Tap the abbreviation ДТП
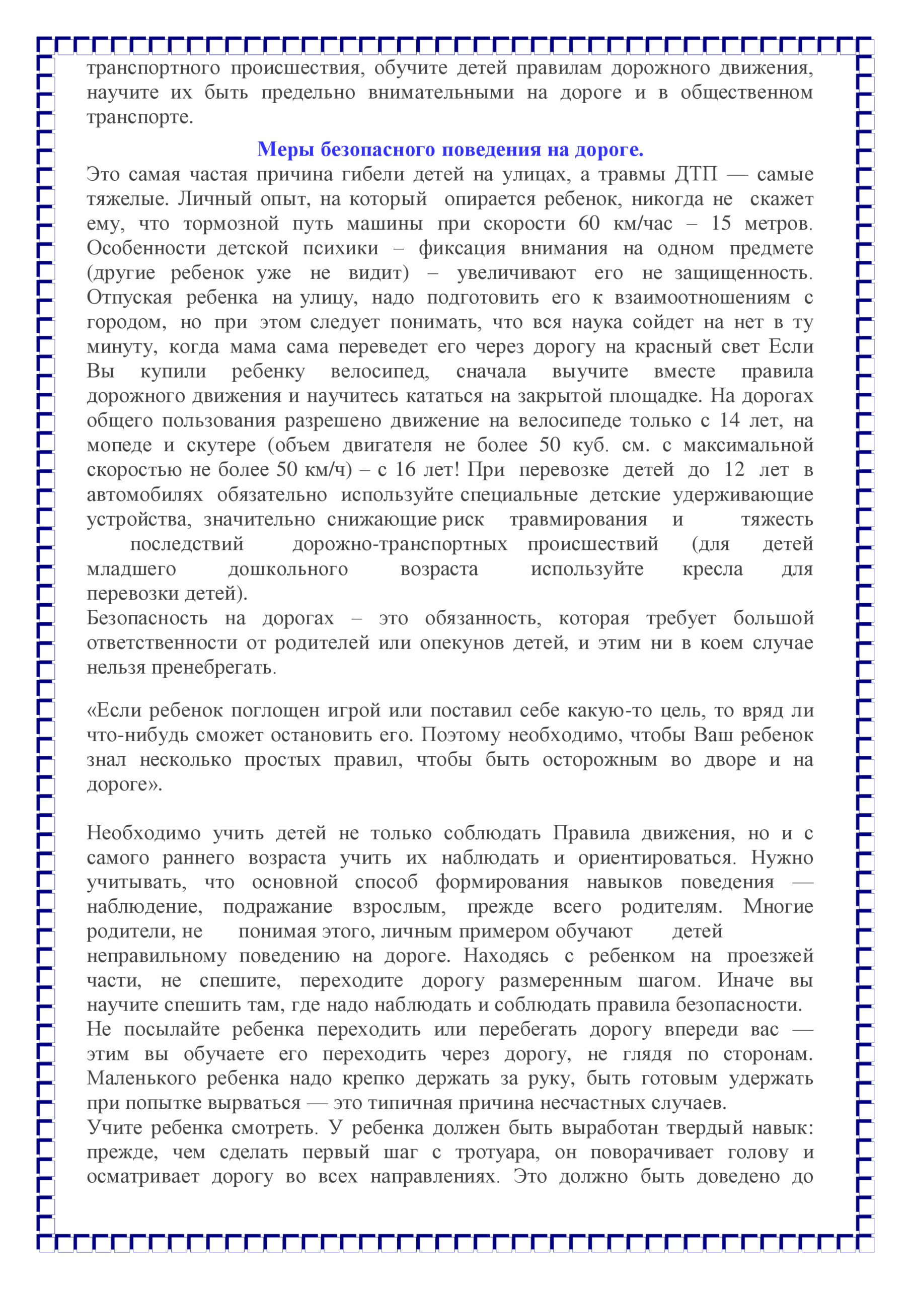pos(696,175)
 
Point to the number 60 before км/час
pos(589,224)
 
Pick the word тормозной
pos(231,224)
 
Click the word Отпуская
pos(129,298)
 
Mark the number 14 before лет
pos(730,420)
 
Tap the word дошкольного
pos(288,569)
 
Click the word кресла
pos(712,569)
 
